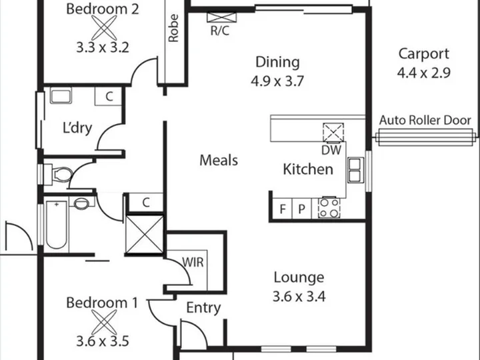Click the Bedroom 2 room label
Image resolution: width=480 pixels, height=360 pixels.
[103, 9]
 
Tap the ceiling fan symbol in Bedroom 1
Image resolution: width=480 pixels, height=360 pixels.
[104, 322]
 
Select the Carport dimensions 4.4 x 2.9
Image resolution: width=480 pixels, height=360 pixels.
[424, 73]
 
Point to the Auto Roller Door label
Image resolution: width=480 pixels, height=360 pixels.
[425, 120]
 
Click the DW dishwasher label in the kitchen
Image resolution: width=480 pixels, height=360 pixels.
[331, 150]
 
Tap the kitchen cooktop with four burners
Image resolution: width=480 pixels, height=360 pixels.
[329, 208]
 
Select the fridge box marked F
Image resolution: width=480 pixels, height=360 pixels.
[282, 209]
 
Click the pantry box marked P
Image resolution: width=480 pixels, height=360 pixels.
[301, 209]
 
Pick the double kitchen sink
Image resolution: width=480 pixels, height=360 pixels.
[355, 170]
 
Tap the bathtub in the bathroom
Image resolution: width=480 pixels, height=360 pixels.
[56, 225]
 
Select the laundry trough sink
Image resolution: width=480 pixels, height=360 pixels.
[61, 95]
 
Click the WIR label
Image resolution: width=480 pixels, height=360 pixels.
[193, 263]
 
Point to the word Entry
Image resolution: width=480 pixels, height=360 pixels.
[203, 307]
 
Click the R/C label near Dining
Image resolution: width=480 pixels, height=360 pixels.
[220, 31]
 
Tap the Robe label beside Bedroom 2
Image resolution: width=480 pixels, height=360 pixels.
[173, 28]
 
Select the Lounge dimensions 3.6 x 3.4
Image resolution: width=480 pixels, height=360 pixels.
[299, 296]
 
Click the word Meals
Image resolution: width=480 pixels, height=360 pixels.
[219, 160]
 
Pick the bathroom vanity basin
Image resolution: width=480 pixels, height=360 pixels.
[81, 203]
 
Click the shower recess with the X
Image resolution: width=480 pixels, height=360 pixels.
[145, 235]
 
